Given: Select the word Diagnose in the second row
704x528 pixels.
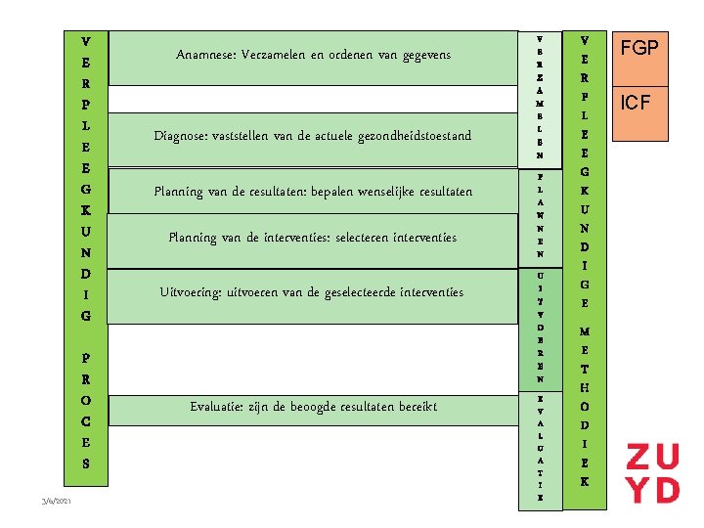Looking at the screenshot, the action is tap(184, 135).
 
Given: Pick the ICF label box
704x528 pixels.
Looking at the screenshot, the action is tap(639, 102).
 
